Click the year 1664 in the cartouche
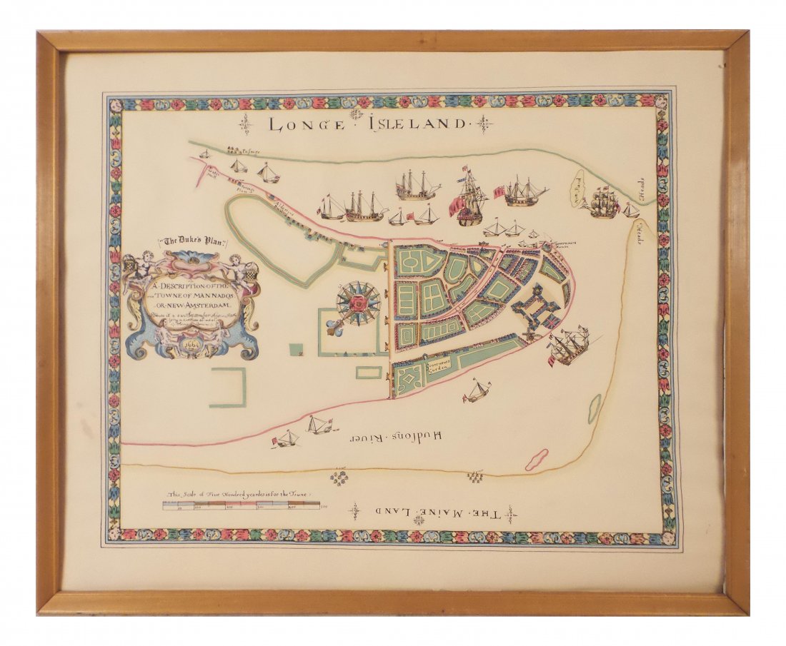[x=190, y=342]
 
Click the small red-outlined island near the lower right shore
[x=537, y=459]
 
